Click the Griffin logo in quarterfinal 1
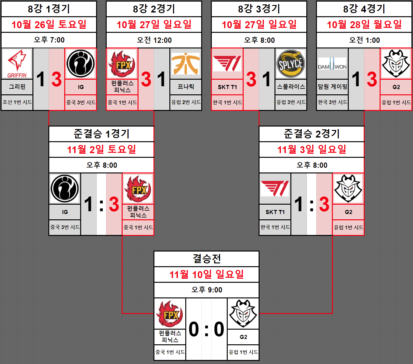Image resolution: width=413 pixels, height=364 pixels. tap(17, 64)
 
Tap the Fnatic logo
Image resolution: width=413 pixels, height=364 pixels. tap(186, 64)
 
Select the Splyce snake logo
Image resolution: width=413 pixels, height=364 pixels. tap(291, 64)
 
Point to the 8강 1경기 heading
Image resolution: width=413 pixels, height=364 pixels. tap(49, 9)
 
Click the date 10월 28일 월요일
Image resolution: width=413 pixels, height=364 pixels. tap(364, 24)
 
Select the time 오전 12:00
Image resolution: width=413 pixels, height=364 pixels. tap(154, 40)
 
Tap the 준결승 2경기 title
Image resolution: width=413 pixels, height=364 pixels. tap(312, 134)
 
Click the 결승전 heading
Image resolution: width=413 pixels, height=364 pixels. tap(206, 259)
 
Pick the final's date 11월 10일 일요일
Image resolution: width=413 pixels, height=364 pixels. tap(206, 274)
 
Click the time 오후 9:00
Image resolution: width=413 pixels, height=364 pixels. tap(206, 290)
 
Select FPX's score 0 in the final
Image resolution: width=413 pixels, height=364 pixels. tap(194, 329)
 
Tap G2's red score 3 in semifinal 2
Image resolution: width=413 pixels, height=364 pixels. tap(324, 204)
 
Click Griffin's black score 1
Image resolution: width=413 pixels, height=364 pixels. tap(41, 79)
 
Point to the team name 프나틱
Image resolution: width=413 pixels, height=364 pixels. tap(186, 87)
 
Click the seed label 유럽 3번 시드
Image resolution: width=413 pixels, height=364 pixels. tap(291, 102)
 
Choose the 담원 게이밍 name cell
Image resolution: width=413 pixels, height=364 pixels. tap(332, 87)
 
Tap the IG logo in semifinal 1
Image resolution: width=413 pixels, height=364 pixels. tap(65, 189)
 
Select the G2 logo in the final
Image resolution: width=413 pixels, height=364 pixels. tap(243, 314)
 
